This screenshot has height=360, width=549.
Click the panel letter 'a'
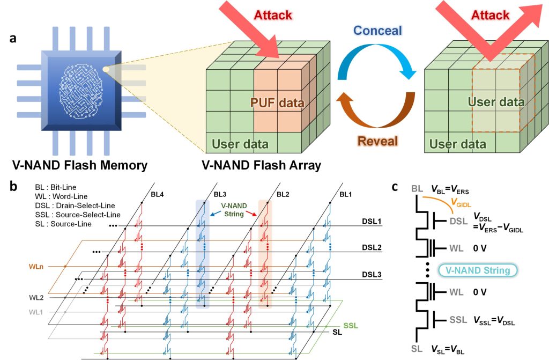pos(14,39)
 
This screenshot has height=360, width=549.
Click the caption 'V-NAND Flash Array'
pos(262,165)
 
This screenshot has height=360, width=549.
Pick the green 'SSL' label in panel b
pos(351,326)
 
